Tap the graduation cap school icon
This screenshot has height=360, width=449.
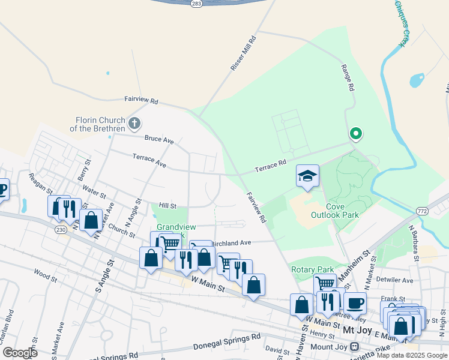point(307,176)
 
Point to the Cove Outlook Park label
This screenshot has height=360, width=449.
point(335,211)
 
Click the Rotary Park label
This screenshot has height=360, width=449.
point(311,269)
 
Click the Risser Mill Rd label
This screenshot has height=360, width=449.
point(244,53)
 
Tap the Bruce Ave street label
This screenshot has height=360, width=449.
point(159,140)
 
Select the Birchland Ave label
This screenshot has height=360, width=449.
point(231,243)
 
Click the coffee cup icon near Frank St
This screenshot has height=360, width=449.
point(355,302)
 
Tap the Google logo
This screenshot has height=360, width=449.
point(20,353)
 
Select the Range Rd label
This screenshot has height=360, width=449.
point(347,78)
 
